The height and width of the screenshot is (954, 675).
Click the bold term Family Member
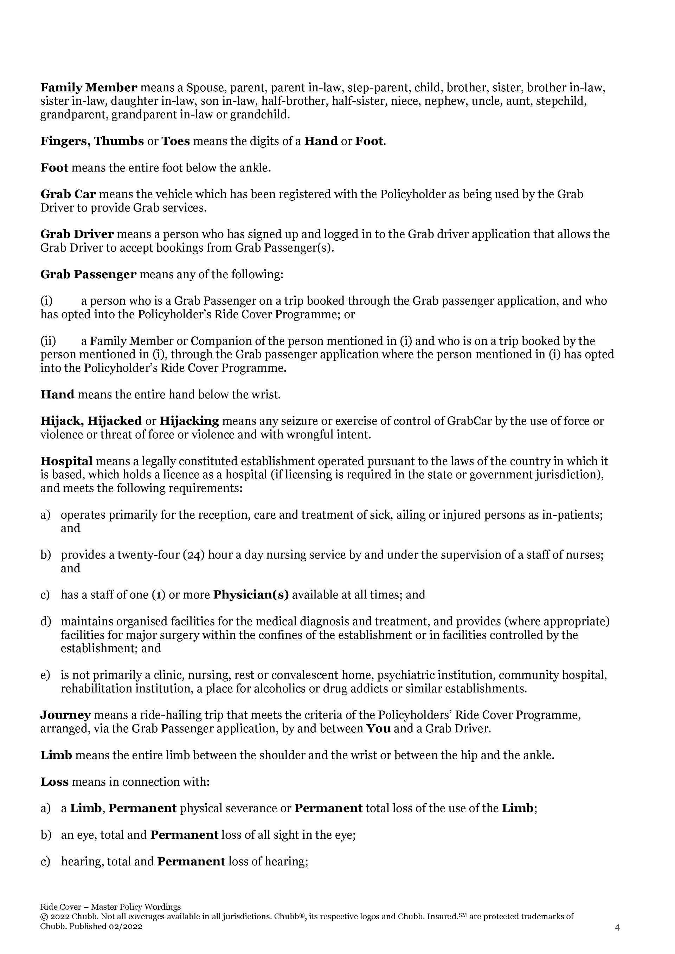tap(89, 88)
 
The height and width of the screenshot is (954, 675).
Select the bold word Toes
tap(175, 141)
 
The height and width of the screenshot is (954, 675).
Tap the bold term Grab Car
tap(68, 194)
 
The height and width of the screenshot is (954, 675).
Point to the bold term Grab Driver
tap(77, 234)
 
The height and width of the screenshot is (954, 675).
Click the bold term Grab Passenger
tap(88, 275)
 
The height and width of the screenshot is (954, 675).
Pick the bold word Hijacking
tap(189, 421)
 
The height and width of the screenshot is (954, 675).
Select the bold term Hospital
tap(66, 461)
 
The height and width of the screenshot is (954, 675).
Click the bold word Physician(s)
tap(251, 595)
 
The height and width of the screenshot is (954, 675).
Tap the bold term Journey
tap(65, 715)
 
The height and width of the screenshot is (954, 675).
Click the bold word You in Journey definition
tap(378, 729)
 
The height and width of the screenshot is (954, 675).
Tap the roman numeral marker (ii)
tap(48, 342)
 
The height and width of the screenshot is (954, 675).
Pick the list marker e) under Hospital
tap(45, 675)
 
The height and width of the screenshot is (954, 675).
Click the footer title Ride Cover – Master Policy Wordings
tap(110, 907)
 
